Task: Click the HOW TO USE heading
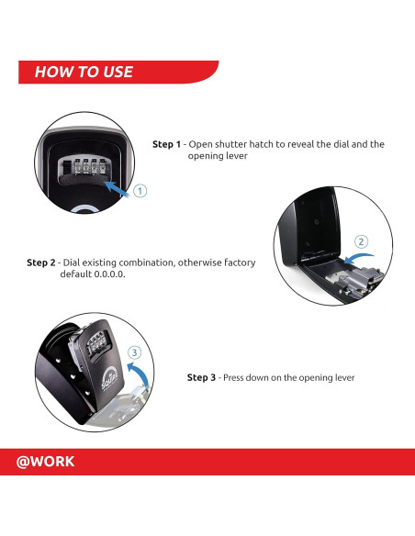coord(84,72)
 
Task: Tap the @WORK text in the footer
coord(46,462)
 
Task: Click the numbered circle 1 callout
coord(140,191)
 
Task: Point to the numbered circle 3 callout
coord(134,352)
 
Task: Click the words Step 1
coord(166,144)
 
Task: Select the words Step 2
coord(41,262)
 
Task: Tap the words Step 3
coord(202,377)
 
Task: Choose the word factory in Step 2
coord(236,262)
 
